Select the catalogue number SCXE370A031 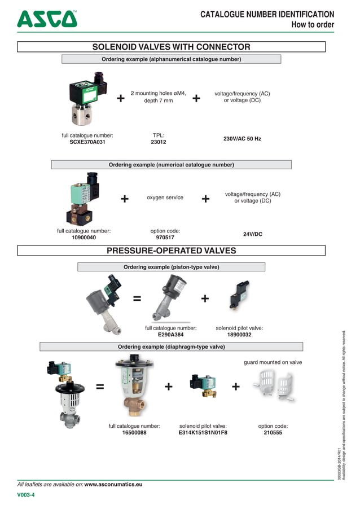[x=87, y=142]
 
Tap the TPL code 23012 [x=158, y=142]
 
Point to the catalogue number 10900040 [x=84, y=238]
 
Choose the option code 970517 [x=165, y=238]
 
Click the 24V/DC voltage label [x=252, y=234]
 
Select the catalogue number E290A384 [x=170, y=335]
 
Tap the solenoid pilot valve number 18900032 [x=239, y=335]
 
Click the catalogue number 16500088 [x=134, y=433]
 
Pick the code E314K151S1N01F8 [x=203, y=433]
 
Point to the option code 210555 [x=273, y=433]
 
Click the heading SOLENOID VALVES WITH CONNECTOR [x=171, y=47]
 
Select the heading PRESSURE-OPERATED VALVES [x=171, y=251]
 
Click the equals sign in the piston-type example [x=137, y=299]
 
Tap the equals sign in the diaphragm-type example [x=100, y=387]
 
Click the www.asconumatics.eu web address [x=113, y=484]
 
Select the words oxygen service [x=165, y=198]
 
